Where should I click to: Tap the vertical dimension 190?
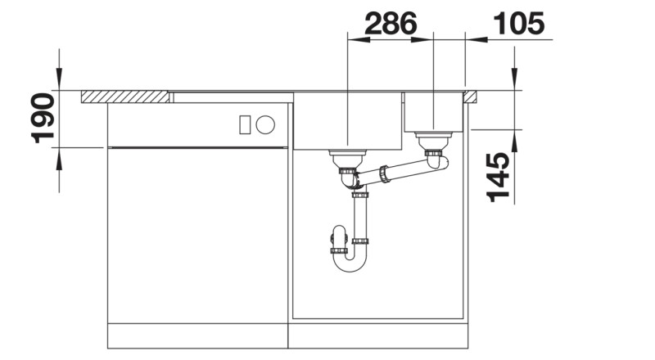coord(43,118)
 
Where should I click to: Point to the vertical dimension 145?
coord(499,176)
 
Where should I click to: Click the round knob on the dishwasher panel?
coord(264,125)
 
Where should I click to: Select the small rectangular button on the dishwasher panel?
coord(244,125)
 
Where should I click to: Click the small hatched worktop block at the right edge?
coord(470,97)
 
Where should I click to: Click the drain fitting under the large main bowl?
coord(347,157)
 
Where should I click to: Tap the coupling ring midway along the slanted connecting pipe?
coord(382,173)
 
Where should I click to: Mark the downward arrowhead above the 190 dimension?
coord(59,82)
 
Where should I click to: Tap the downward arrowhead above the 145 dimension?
coord(514,82)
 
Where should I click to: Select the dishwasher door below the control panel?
coord(198,233)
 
